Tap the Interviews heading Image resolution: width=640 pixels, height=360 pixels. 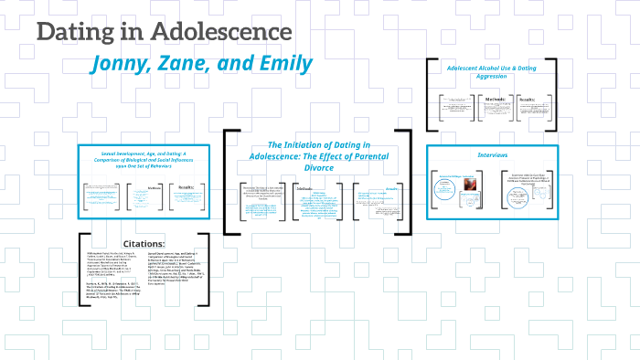click(x=494, y=155)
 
